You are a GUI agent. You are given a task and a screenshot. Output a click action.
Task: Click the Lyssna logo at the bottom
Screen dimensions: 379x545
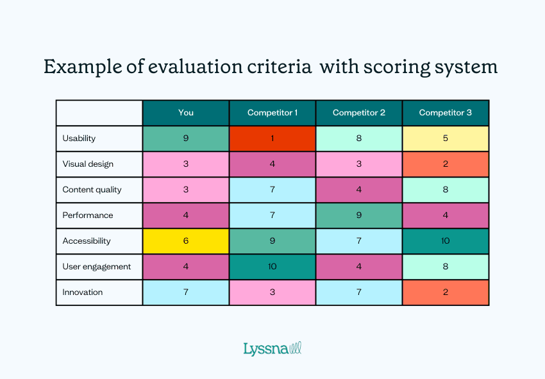tap(272, 349)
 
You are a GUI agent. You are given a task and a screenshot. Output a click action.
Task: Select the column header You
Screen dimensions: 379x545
tap(185, 113)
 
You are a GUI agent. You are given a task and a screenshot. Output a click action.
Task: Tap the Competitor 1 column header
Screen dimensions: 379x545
tap(272, 113)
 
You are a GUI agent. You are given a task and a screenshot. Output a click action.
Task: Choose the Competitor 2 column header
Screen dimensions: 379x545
tap(358, 113)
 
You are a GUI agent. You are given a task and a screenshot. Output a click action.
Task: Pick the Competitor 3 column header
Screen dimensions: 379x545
tap(445, 113)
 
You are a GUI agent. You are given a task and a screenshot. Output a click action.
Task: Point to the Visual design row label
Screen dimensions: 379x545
tap(88, 164)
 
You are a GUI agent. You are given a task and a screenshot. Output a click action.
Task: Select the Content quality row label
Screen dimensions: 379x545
tap(92, 190)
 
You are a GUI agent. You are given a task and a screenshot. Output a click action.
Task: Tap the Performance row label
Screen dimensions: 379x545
tap(87, 215)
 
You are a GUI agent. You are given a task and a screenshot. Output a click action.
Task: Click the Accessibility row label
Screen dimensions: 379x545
tap(87, 241)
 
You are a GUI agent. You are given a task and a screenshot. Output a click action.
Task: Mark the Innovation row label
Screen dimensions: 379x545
tap(83, 292)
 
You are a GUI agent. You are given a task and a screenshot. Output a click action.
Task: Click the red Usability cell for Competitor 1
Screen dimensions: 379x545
tap(272, 139)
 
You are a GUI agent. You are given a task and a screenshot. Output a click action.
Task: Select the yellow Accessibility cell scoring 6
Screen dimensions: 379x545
tap(185, 241)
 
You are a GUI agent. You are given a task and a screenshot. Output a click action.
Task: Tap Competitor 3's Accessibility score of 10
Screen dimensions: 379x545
tap(445, 241)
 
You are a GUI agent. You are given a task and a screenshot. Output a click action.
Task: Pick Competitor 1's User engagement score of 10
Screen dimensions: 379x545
tap(272, 267)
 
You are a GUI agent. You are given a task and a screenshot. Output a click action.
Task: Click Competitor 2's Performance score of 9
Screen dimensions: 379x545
tap(358, 215)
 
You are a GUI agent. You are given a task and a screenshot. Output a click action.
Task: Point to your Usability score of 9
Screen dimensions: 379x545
tap(185, 139)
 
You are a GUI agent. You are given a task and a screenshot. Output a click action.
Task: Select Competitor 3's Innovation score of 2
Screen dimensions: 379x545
tap(445, 292)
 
